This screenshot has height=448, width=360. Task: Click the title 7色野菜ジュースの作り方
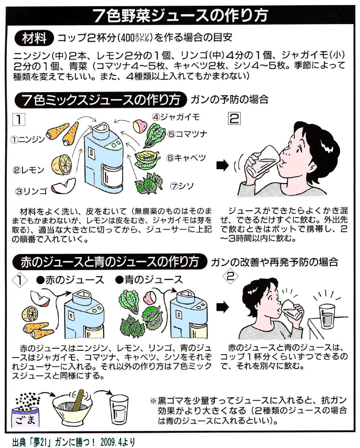pyautogui.click(x=180, y=15)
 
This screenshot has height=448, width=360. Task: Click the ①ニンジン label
pyautogui.click(x=28, y=139)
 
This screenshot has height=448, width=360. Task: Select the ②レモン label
pyautogui.click(x=28, y=170)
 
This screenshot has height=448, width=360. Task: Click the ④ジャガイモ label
pyautogui.click(x=175, y=117)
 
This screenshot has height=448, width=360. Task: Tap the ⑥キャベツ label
pyautogui.click(x=186, y=158)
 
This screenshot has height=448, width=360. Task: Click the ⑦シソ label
pyautogui.click(x=183, y=186)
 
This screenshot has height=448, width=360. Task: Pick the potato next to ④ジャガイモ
pyautogui.click(x=140, y=126)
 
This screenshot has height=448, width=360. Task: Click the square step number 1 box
pyautogui.click(x=19, y=119)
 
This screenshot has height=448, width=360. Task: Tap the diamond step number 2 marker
pyautogui.click(x=231, y=276)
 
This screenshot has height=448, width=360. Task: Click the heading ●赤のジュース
pyautogui.click(x=70, y=280)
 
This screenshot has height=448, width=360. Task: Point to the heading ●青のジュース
pyautogui.click(x=149, y=280)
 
